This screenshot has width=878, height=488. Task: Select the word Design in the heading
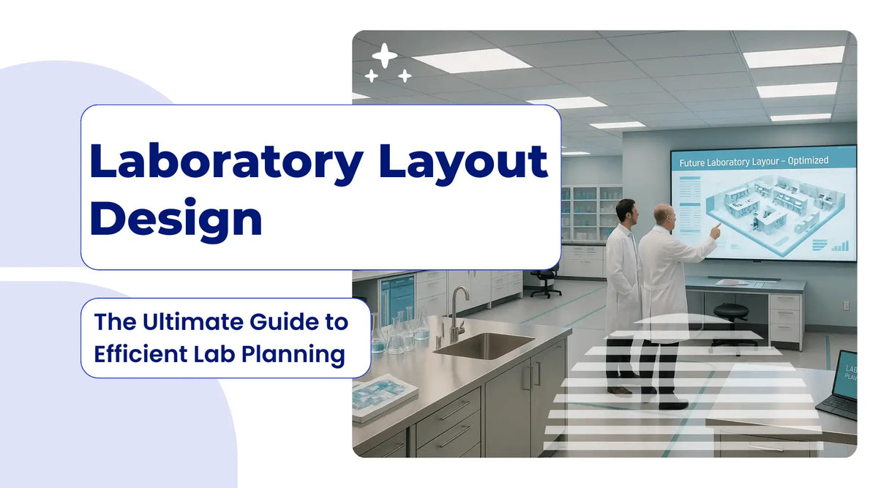click(x=176, y=218)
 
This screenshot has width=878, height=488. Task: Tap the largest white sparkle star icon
click(x=385, y=56)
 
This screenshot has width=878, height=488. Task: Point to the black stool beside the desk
click(x=734, y=322)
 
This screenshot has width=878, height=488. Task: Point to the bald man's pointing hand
click(x=715, y=230)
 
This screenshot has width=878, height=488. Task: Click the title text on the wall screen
click(x=754, y=162)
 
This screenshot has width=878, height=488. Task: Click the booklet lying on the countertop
click(x=385, y=395)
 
